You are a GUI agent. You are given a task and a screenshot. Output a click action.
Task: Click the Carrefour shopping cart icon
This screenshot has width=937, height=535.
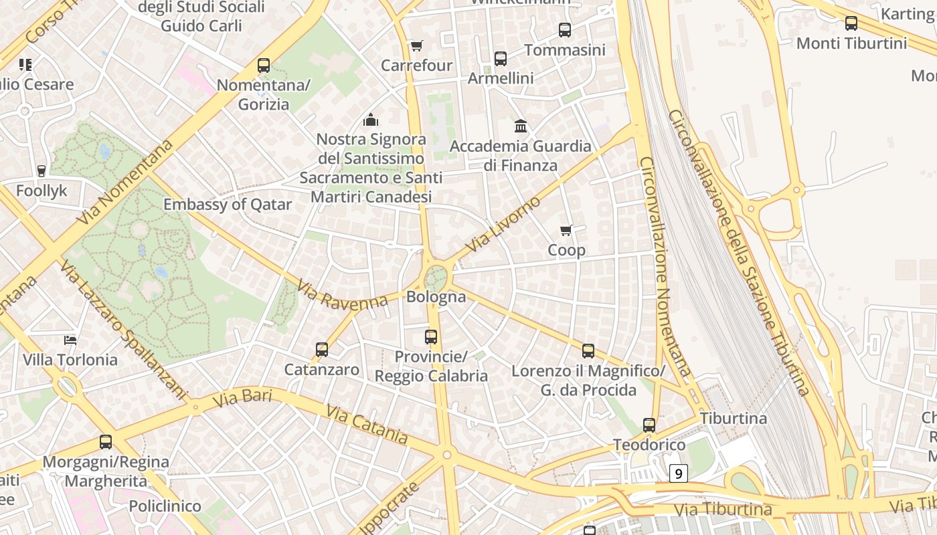[x=416, y=46]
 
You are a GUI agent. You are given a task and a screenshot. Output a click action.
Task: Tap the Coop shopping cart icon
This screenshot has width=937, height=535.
[x=566, y=231]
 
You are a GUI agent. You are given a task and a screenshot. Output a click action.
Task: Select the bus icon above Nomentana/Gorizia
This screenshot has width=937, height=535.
[x=264, y=66]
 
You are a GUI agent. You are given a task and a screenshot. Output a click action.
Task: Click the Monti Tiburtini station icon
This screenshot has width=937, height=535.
[x=851, y=23]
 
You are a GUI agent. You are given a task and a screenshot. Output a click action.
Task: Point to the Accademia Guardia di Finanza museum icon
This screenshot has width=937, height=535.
[x=521, y=126]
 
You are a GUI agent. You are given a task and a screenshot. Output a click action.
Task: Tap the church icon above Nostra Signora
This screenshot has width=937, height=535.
[x=371, y=120]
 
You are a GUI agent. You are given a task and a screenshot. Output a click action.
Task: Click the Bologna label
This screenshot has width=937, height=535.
[x=436, y=296]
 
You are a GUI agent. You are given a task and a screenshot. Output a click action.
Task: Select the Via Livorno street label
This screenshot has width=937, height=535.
[x=503, y=225]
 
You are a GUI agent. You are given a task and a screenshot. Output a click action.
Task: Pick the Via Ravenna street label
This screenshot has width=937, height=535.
[x=343, y=295]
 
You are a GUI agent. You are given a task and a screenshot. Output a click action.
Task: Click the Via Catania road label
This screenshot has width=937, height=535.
[x=367, y=424]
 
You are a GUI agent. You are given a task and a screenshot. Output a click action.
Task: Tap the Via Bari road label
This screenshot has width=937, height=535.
[x=242, y=399]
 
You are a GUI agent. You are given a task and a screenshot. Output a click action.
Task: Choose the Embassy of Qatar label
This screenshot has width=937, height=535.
[x=228, y=205]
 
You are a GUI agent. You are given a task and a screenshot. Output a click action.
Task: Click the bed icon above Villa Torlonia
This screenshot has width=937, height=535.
[x=70, y=340]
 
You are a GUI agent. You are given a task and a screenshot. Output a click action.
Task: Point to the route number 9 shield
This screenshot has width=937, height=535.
[x=679, y=474]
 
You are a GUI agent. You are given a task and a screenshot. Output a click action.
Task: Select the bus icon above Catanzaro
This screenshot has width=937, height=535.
[x=322, y=350]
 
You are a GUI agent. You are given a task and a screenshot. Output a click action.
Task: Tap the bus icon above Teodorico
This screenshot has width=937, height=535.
[x=649, y=425]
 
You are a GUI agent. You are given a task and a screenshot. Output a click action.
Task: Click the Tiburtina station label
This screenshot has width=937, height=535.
[x=734, y=419]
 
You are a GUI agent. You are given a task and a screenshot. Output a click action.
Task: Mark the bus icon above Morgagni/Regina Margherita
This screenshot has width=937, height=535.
[x=106, y=442]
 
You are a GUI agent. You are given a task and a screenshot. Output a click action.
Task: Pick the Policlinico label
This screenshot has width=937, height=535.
[x=165, y=506]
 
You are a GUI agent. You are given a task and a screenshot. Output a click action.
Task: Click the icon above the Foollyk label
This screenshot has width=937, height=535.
[x=41, y=171]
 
